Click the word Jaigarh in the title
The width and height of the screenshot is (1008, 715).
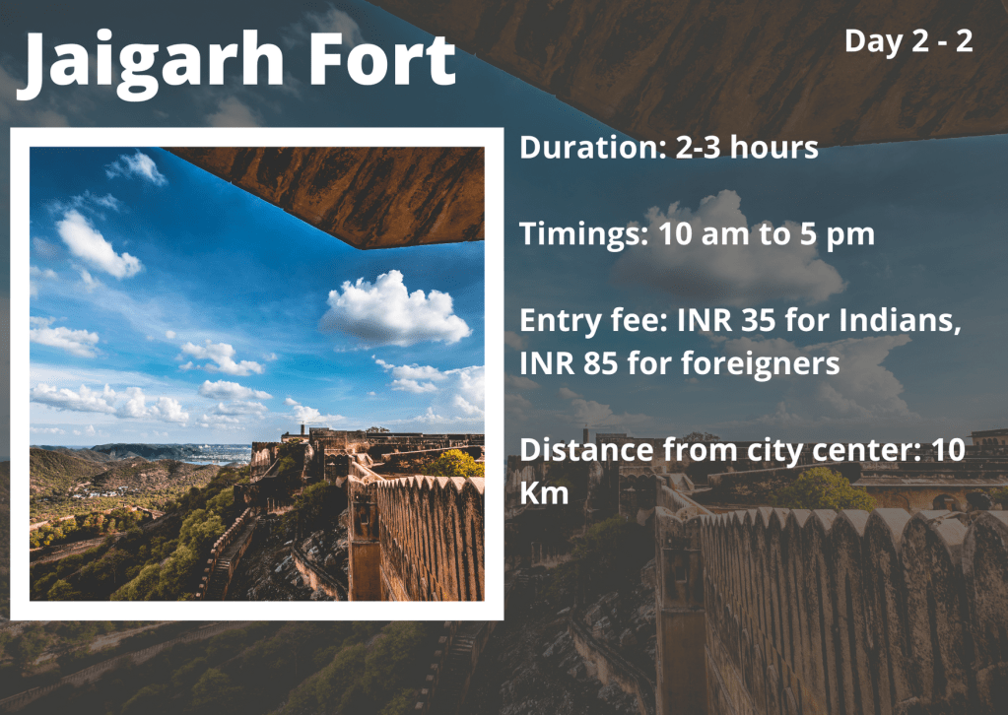(x=150, y=63)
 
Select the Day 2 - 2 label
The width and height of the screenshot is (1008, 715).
(x=908, y=41)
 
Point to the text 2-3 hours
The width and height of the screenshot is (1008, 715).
(x=747, y=147)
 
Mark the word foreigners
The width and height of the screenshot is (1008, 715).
(x=760, y=364)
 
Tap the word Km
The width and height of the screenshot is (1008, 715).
(x=544, y=492)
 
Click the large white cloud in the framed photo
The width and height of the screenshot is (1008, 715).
(x=395, y=309)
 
